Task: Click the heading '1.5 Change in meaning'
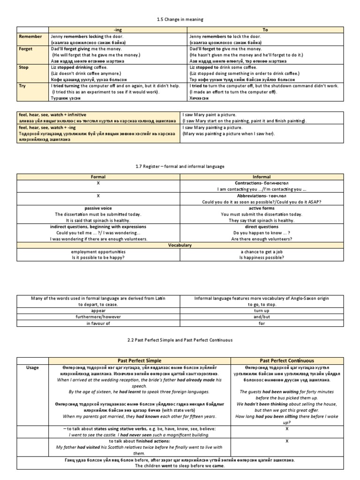coord(180,19)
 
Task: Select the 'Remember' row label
coord(30,36)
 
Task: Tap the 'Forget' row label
coord(26,48)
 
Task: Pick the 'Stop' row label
coord(23,67)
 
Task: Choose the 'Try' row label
coord(22,86)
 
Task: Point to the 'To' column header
coord(265,30)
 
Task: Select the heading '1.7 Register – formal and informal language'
coord(180,166)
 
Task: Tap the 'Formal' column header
coord(98,177)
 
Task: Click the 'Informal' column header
coord(262,177)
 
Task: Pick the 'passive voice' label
coord(98,208)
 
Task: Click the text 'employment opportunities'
coord(98,252)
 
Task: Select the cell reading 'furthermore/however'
coord(98,316)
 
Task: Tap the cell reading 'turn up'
coord(262,310)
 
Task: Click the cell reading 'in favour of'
coord(98,323)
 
